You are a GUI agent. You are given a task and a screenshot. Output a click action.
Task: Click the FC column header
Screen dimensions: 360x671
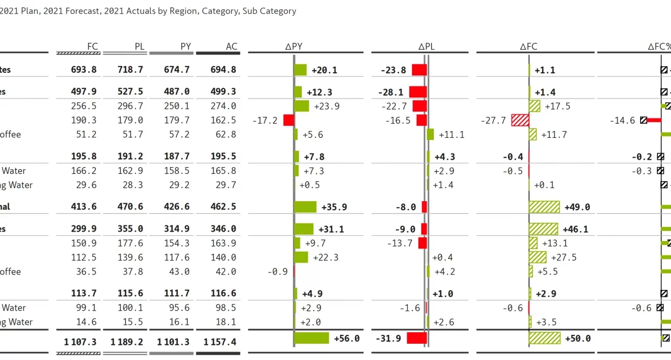coord(92,46)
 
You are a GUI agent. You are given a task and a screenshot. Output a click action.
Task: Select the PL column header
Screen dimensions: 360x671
coord(139,46)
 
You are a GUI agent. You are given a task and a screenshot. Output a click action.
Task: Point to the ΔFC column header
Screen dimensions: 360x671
coord(528,46)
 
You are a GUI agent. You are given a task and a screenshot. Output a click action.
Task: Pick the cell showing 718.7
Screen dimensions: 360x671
coord(129,70)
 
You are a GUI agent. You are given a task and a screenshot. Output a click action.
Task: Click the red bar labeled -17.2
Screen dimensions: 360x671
coord(288,120)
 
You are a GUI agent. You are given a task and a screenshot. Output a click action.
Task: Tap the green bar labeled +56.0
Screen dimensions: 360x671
coord(311,338)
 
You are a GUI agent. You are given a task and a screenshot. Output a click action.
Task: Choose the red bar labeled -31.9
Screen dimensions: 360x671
coord(417,338)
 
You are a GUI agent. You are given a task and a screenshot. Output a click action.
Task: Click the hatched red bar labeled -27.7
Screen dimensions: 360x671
coord(520,120)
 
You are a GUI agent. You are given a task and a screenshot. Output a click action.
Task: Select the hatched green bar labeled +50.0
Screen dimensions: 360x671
coord(545,338)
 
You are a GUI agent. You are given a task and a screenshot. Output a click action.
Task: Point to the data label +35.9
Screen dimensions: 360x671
coord(334,207)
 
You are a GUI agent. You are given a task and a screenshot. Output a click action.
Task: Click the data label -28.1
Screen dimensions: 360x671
coord(391,92)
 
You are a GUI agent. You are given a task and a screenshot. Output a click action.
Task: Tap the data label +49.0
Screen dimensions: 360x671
coord(577,207)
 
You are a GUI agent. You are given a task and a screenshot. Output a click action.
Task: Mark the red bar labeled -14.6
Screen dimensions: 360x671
coord(654,120)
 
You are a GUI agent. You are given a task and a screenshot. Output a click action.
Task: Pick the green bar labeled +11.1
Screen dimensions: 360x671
coord(430,135)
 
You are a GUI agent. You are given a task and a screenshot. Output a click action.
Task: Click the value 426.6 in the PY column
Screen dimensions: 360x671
coord(176,206)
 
